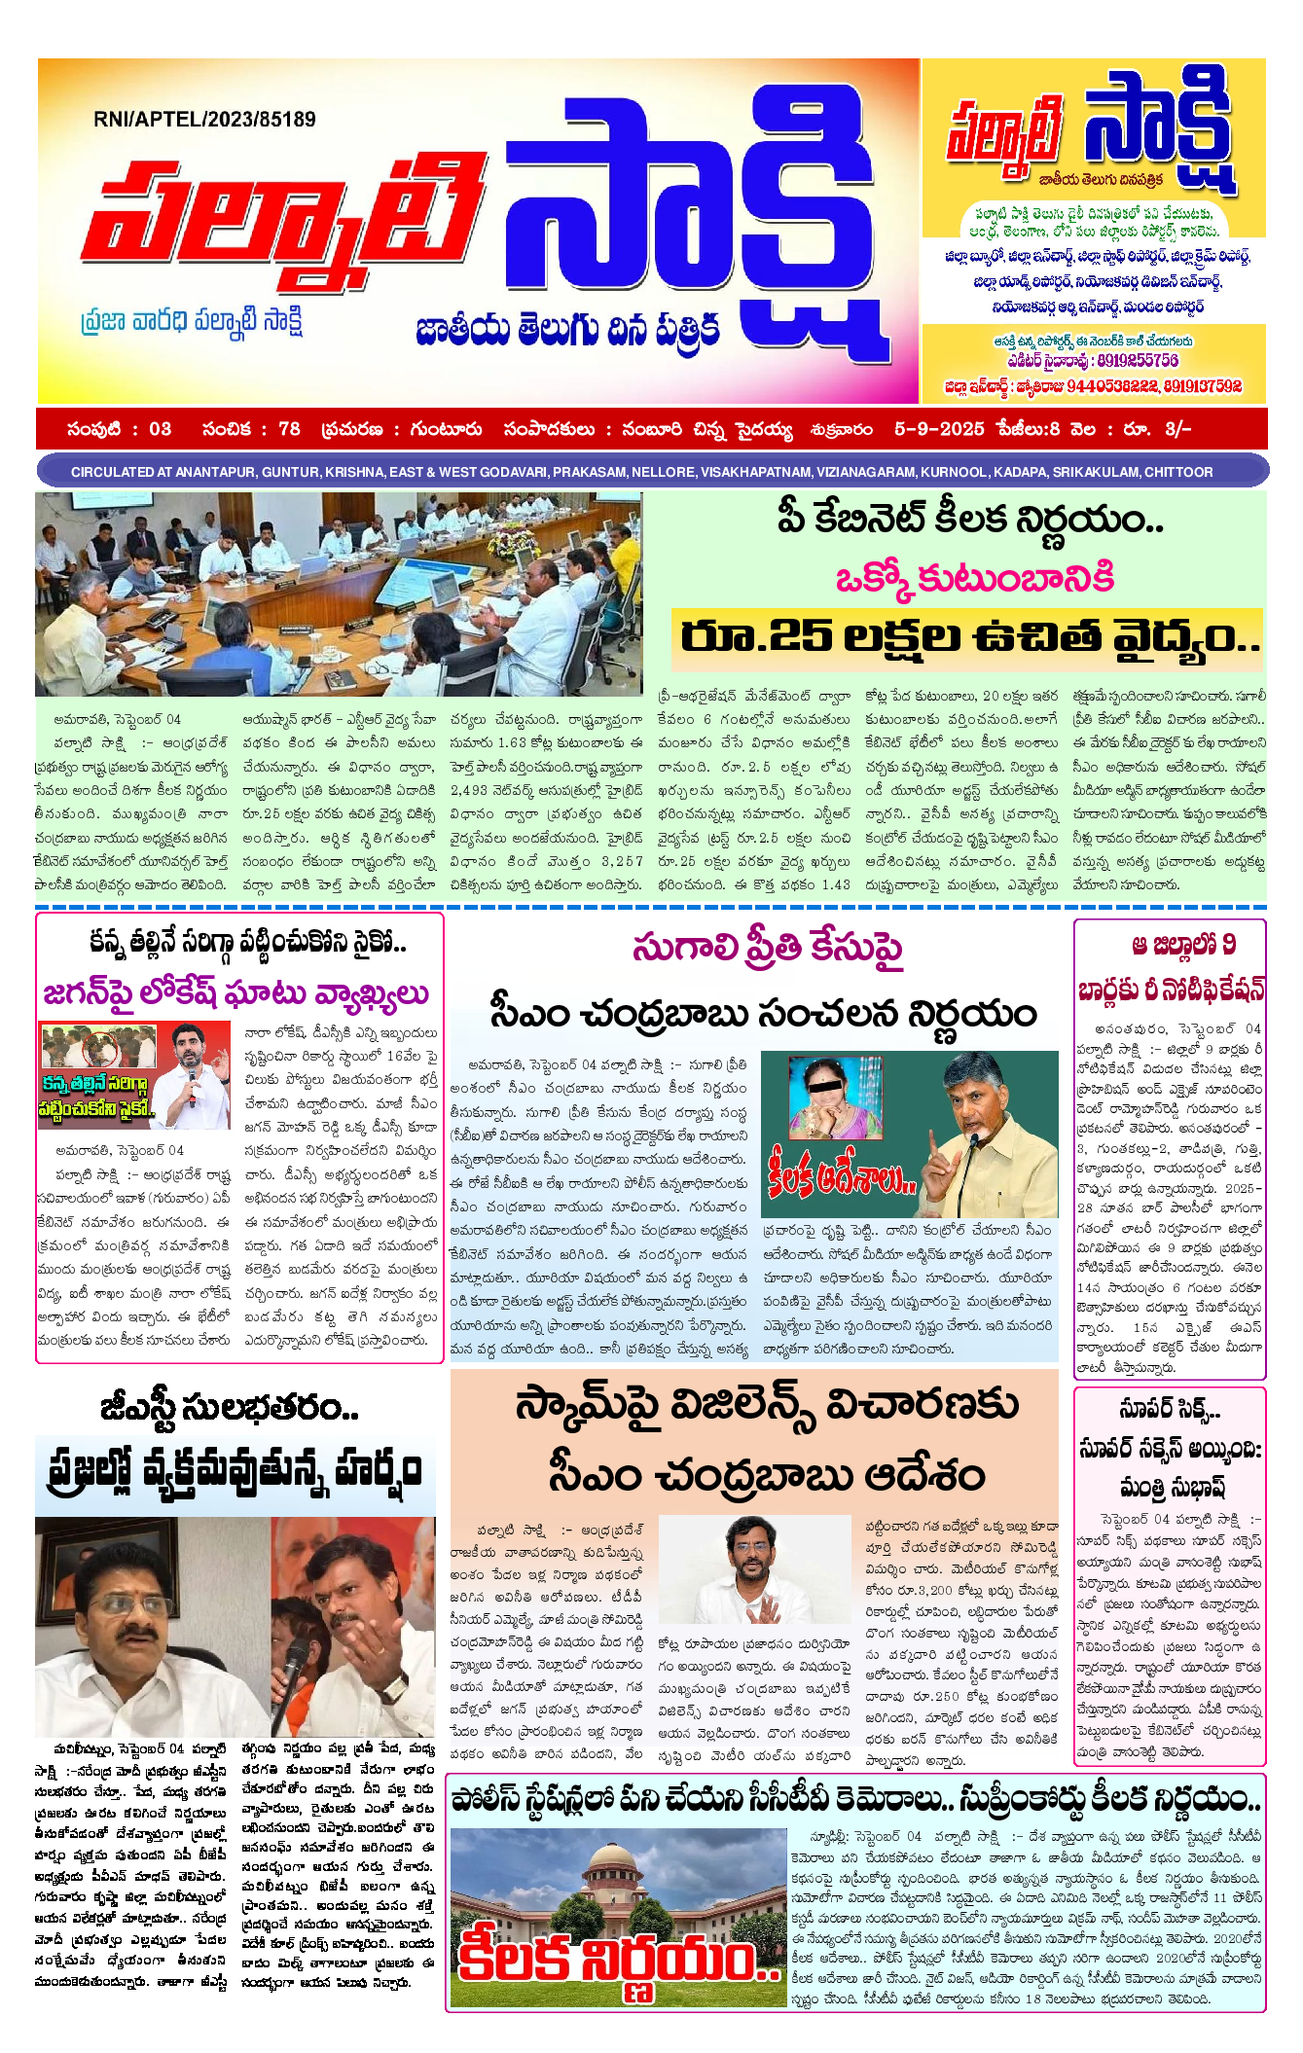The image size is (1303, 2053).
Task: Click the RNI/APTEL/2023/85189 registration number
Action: tap(204, 120)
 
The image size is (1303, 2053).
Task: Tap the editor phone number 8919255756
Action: tap(1137, 361)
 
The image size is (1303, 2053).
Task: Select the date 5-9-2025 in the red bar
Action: tap(939, 429)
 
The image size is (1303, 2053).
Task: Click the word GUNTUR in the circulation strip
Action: tap(291, 472)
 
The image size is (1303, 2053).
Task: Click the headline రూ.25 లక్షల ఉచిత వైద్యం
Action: tap(968, 636)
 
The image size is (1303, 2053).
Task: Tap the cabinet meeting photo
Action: tap(339, 593)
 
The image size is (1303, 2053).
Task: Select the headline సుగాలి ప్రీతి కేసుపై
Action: tap(768, 948)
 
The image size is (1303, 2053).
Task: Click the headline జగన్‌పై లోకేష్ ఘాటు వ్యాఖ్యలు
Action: tap(236, 993)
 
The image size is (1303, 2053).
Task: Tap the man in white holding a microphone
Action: tap(193, 1074)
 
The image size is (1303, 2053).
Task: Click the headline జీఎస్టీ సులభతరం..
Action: tap(230, 1408)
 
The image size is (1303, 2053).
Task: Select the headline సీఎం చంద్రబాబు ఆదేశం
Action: tap(767, 1477)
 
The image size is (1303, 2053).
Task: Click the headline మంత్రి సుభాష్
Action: tap(1172, 1487)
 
